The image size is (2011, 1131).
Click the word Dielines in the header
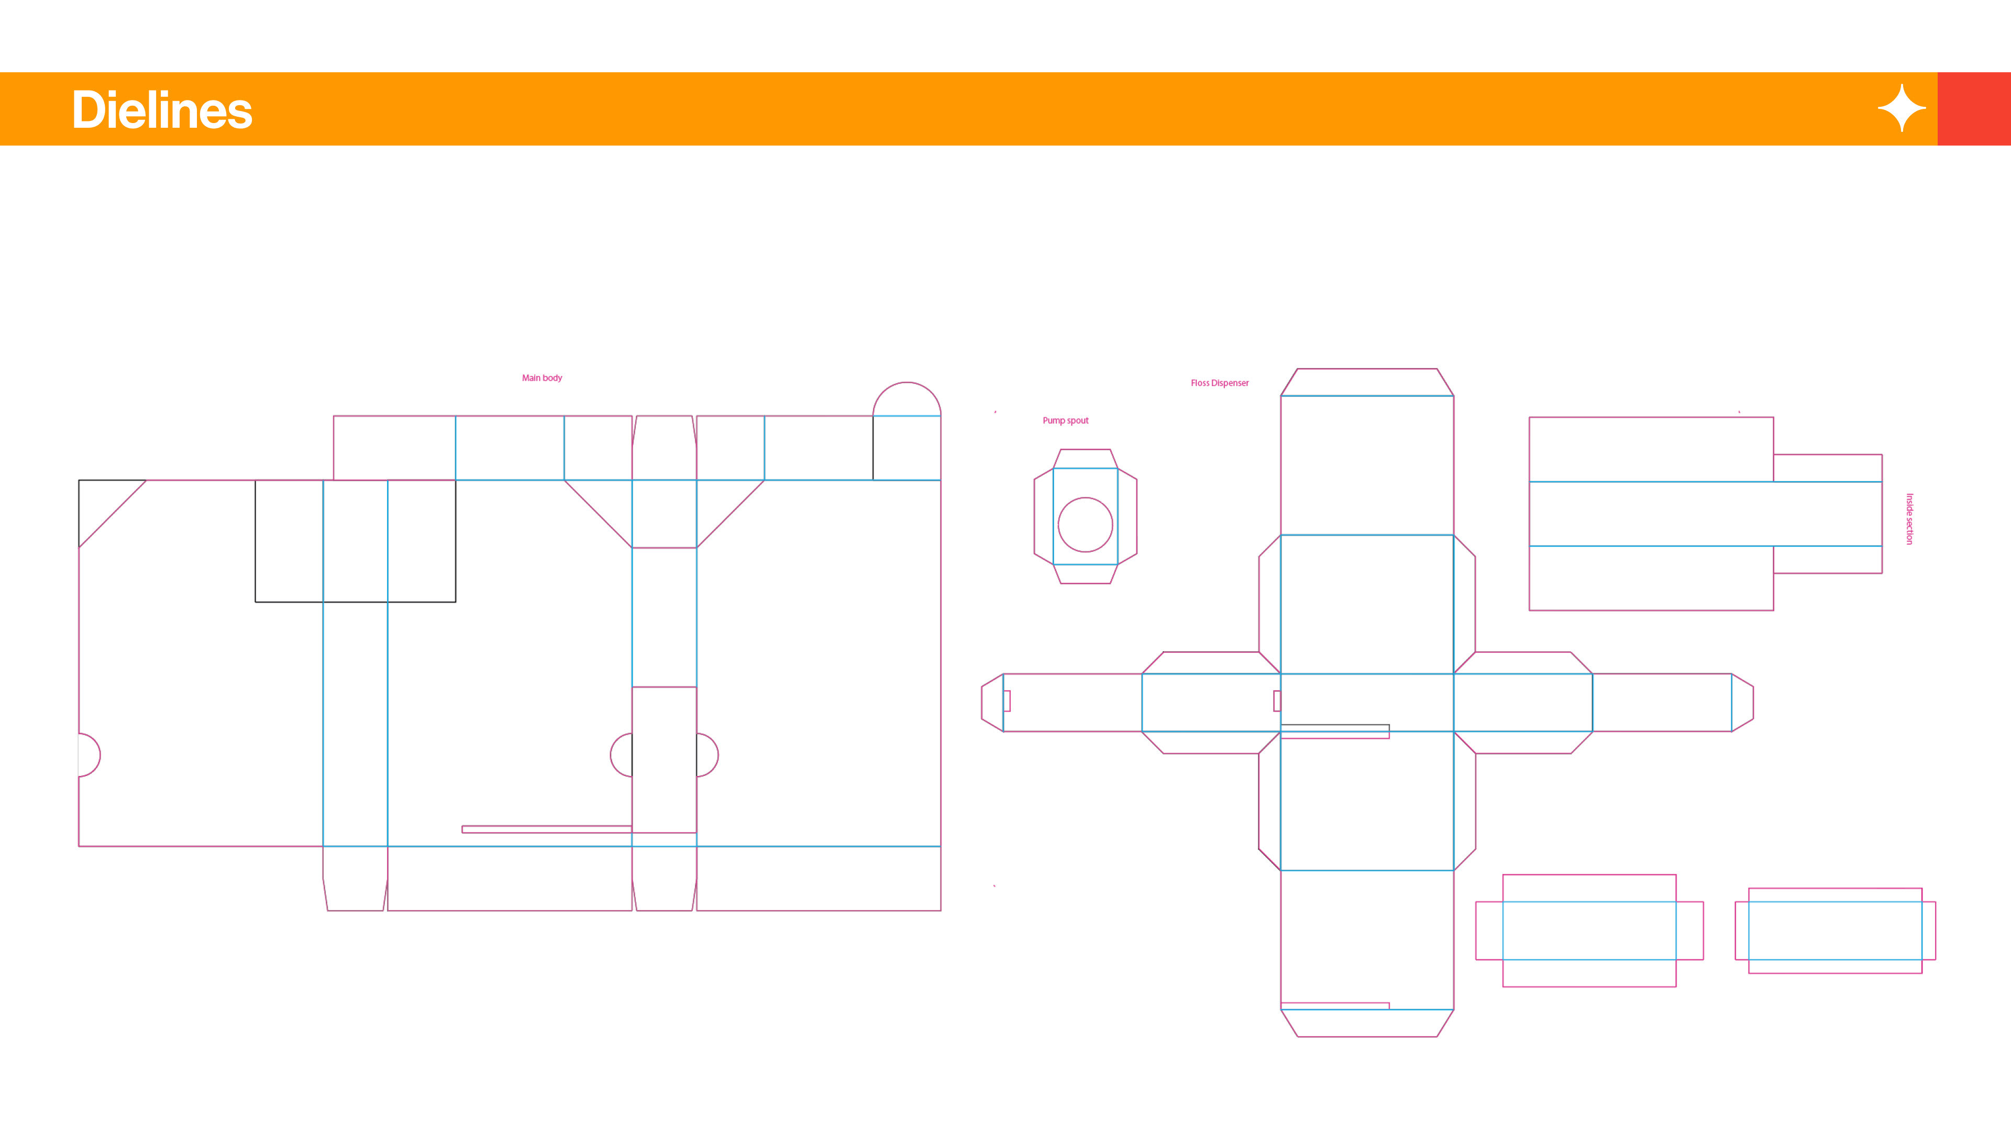point(162,110)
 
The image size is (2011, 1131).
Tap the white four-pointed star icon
point(1901,108)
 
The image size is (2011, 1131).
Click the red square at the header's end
point(1973,108)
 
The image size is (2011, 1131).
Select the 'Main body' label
point(542,378)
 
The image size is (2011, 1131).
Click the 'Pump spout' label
point(1065,420)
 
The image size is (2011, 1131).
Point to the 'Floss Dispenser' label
point(1219,383)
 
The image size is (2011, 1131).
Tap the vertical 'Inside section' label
point(1909,518)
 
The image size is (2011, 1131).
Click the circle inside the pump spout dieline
point(1085,525)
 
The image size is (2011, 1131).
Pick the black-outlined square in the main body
point(355,541)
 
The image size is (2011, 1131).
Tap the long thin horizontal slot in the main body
point(546,829)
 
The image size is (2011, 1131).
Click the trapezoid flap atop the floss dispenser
point(1366,382)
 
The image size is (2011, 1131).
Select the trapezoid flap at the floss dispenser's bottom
point(1366,1023)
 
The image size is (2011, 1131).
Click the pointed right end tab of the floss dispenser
point(1742,703)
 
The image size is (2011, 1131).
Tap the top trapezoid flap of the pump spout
point(1085,459)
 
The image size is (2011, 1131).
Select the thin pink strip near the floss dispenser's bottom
point(1334,1005)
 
